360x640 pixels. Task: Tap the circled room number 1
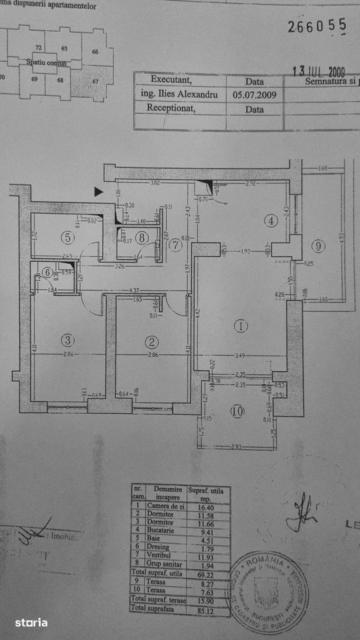pyautogui.click(x=241, y=326)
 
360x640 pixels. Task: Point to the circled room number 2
pyautogui.click(x=151, y=342)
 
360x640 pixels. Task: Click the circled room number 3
pyautogui.click(x=67, y=340)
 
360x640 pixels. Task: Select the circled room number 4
pyautogui.click(x=269, y=220)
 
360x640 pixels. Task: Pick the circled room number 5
pyautogui.click(x=68, y=237)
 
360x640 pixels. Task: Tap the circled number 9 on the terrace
pyautogui.click(x=319, y=246)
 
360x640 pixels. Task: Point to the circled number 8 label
pyautogui.click(x=142, y=237)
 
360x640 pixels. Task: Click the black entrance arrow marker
pyautogui.click(x=98, y=192)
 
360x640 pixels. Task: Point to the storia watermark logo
pyautogui.click(x=31, y=622)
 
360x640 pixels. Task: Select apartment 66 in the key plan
pyautogui.click(x=96, y=52)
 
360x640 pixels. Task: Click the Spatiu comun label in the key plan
pyautogui.click(x=46, y=63)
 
